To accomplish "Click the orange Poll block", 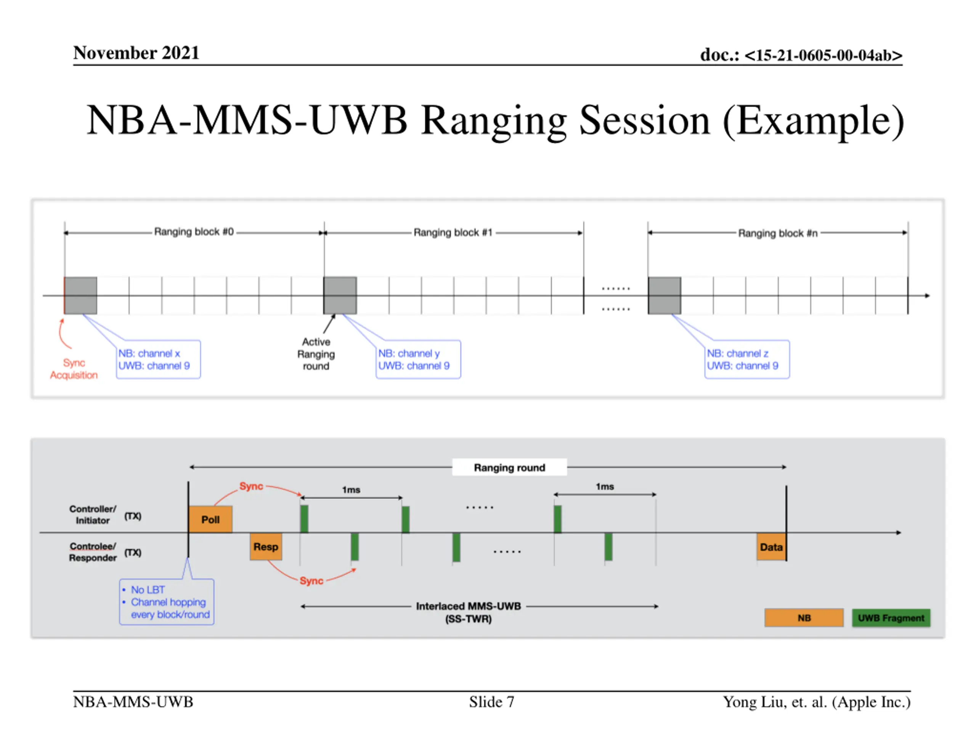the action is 210,519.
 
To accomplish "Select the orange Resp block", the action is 266,546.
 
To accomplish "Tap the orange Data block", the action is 771,547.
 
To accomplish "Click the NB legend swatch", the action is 804,618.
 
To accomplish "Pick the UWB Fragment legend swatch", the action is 891,618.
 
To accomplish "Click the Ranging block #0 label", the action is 194,232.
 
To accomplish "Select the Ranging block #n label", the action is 778,233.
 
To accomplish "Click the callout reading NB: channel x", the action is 158,359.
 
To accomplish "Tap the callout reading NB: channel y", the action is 418,359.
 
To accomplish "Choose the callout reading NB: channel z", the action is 747,359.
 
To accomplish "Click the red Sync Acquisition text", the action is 74,369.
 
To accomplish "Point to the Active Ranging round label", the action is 316,354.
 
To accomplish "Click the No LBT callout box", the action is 167,602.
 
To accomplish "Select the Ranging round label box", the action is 510,467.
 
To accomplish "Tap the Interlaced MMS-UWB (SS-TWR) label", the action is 468,612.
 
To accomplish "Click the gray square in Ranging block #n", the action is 665,295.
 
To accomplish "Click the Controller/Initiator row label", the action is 93,514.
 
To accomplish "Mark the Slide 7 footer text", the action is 491,701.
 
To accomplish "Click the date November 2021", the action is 136,53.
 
